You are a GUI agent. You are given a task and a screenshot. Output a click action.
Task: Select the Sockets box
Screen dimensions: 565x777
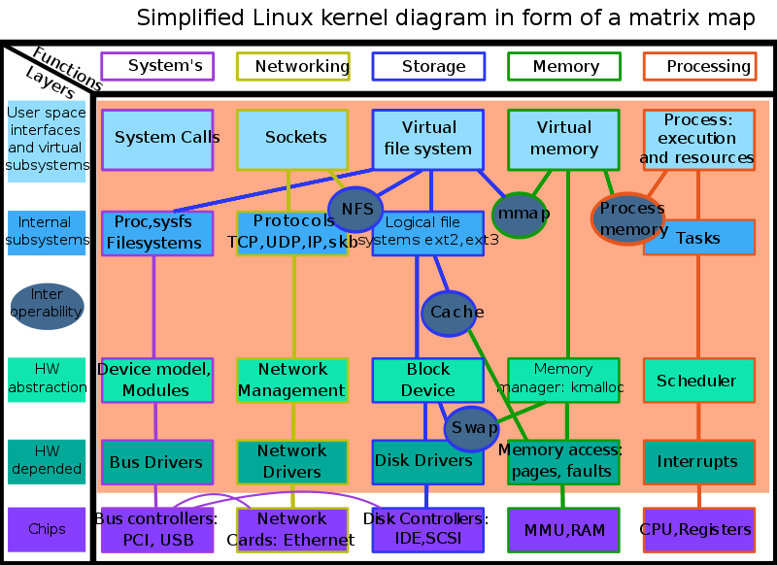tap(292, 139)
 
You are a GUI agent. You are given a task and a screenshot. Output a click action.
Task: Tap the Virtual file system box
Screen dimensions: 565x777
tap(428, 139)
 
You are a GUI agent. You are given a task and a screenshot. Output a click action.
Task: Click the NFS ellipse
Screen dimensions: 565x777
tap(356, 210)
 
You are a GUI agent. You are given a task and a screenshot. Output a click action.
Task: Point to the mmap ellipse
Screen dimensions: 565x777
tap(520, 215)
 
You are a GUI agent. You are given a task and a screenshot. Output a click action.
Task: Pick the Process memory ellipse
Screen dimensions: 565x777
tap(629, 218)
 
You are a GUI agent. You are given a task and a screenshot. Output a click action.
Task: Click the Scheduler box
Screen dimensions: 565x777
tap(698, 381)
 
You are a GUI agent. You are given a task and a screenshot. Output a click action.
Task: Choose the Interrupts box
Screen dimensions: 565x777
tap(698, 462)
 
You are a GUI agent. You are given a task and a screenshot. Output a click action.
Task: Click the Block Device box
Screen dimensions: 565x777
tap(427, 381)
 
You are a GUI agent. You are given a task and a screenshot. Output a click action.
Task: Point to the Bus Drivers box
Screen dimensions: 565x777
tap(156, 462)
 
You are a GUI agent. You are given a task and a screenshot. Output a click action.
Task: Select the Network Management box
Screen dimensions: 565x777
tap(292, 381)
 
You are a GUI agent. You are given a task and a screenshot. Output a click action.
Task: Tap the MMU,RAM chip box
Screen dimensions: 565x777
tap(563, 530)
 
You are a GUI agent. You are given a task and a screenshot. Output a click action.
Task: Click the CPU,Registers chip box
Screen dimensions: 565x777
tap(698, 530)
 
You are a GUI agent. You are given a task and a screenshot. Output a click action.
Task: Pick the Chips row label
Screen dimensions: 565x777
tap(47, 529)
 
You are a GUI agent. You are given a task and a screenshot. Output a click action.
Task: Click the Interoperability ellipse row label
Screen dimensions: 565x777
tap(47, 305)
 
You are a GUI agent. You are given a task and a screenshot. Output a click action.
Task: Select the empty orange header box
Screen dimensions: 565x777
tap(699, 66)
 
